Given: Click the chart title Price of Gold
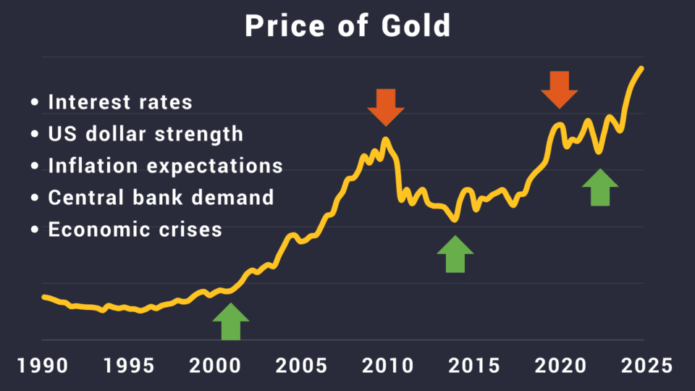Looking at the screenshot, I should coord(347,27).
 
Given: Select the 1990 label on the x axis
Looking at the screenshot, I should coord(44,364).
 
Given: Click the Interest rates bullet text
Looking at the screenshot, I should coord(120,102).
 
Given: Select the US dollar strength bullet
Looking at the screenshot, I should coord(146,135).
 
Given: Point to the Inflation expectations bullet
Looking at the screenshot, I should coord(165,166).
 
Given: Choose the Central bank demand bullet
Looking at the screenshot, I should coord(161,198).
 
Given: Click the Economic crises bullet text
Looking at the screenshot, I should coord(135,230).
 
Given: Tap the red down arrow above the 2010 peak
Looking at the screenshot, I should coord(385,107).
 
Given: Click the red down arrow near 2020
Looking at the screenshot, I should coord(560,90).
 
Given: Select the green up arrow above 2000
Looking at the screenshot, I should coord(231,321).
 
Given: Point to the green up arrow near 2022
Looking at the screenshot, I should coord(600,187).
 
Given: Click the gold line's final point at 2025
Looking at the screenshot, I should coord(642,68).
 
